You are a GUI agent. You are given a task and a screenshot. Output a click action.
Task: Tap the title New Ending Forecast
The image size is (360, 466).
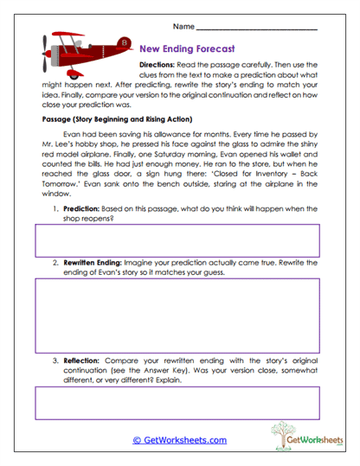187,49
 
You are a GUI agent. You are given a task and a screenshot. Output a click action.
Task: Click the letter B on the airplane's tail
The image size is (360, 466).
124,41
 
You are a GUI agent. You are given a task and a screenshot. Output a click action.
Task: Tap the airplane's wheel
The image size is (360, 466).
71,75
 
